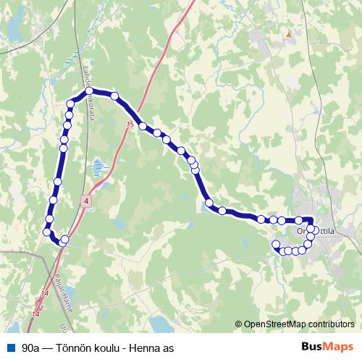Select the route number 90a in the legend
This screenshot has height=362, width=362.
coord(31,348)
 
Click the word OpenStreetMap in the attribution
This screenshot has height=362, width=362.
coord(276,325)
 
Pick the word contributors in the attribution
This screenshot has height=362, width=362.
coord(332,325)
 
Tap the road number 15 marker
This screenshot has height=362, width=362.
coord(130,125)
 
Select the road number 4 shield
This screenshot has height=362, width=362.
coord(86,201)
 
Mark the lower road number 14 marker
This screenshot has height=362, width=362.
coord(36,313)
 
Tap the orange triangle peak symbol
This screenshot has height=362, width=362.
coord(289,33)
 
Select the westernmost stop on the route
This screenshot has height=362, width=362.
coord(47,232)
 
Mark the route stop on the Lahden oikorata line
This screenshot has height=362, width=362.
coord(89,93)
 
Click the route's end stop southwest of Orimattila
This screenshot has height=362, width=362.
coord(275,244)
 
